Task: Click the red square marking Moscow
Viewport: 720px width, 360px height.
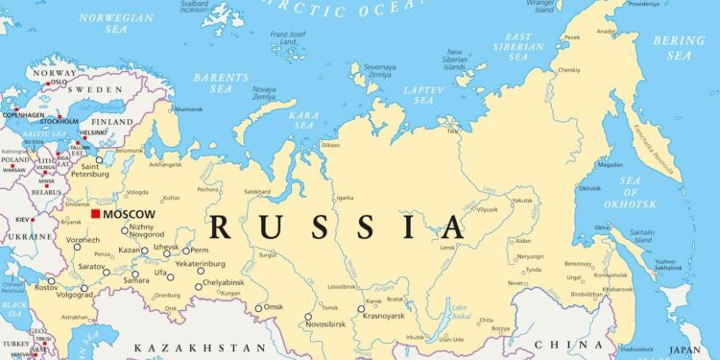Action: [x=95, y=213]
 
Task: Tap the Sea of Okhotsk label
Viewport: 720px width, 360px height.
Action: [x=614, y=194]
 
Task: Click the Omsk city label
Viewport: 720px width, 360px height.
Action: [x=274, y=307]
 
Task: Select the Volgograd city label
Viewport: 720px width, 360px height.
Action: [x=76, y=295]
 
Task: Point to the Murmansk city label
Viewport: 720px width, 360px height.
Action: [x=188, y=109]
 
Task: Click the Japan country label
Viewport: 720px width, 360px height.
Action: [x=684, y=350]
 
